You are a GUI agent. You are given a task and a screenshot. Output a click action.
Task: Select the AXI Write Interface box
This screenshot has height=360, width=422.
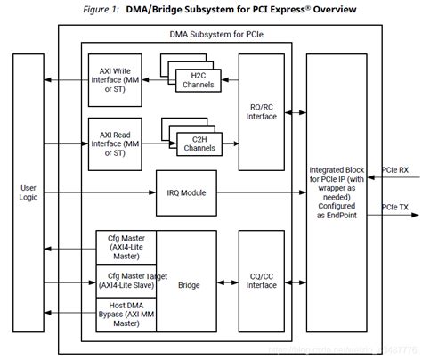pos(113,80)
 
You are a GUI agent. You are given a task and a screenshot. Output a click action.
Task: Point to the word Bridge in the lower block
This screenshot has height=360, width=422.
pos(188,285)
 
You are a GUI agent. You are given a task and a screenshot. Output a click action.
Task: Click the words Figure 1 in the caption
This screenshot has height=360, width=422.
pos(116,9)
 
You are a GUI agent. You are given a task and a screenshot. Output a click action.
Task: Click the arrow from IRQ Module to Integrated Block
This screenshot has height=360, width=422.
pos(263,192)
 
